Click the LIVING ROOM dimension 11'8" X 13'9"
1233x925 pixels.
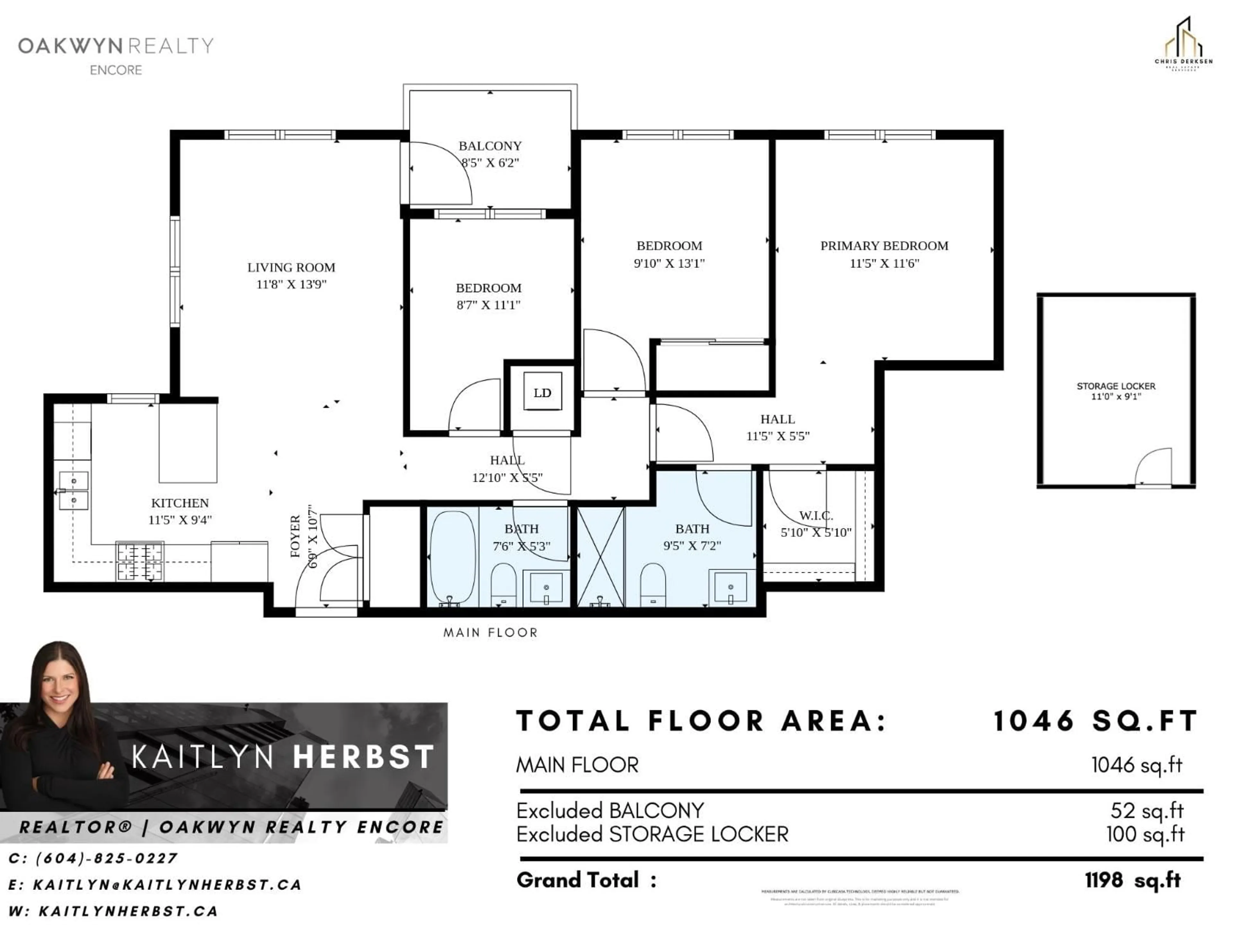click(x=291, y=284)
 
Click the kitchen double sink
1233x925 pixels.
click(x=74, y=491)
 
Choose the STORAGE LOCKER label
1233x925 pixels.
click(x=1115, y=386)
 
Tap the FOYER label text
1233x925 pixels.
click(x=295, y=536)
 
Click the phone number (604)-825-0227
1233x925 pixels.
click(x=106, y=858)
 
